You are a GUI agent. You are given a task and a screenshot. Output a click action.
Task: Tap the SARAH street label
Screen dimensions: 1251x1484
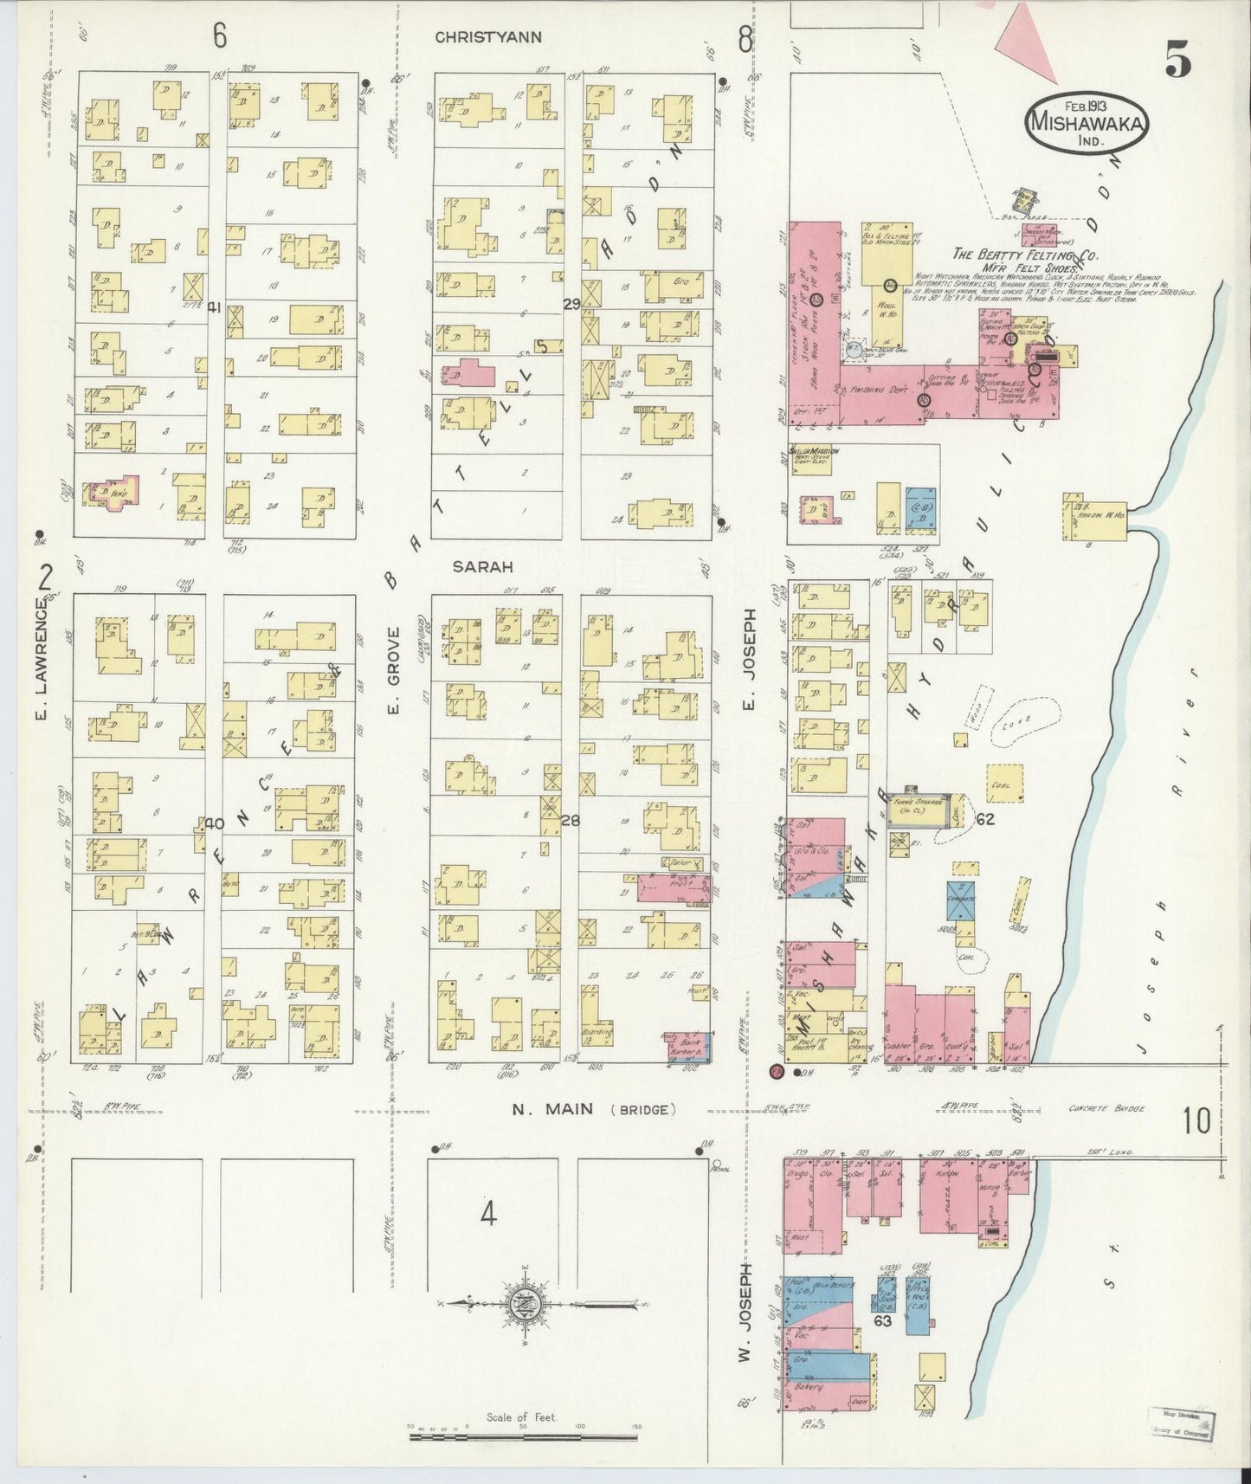tap(483, 567)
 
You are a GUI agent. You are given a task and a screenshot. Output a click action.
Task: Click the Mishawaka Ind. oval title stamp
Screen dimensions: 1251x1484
tap(1087, 122)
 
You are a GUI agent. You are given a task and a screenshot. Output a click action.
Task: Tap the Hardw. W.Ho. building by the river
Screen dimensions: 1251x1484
tap(1094, 518)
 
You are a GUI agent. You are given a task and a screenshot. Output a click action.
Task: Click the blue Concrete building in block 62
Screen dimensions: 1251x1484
tap(960, 904)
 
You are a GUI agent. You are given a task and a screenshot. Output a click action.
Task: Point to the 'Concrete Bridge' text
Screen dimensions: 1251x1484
tap(1106, 1108)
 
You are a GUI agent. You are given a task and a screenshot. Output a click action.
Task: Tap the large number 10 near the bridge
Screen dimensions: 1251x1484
tap(1196, 1120)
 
